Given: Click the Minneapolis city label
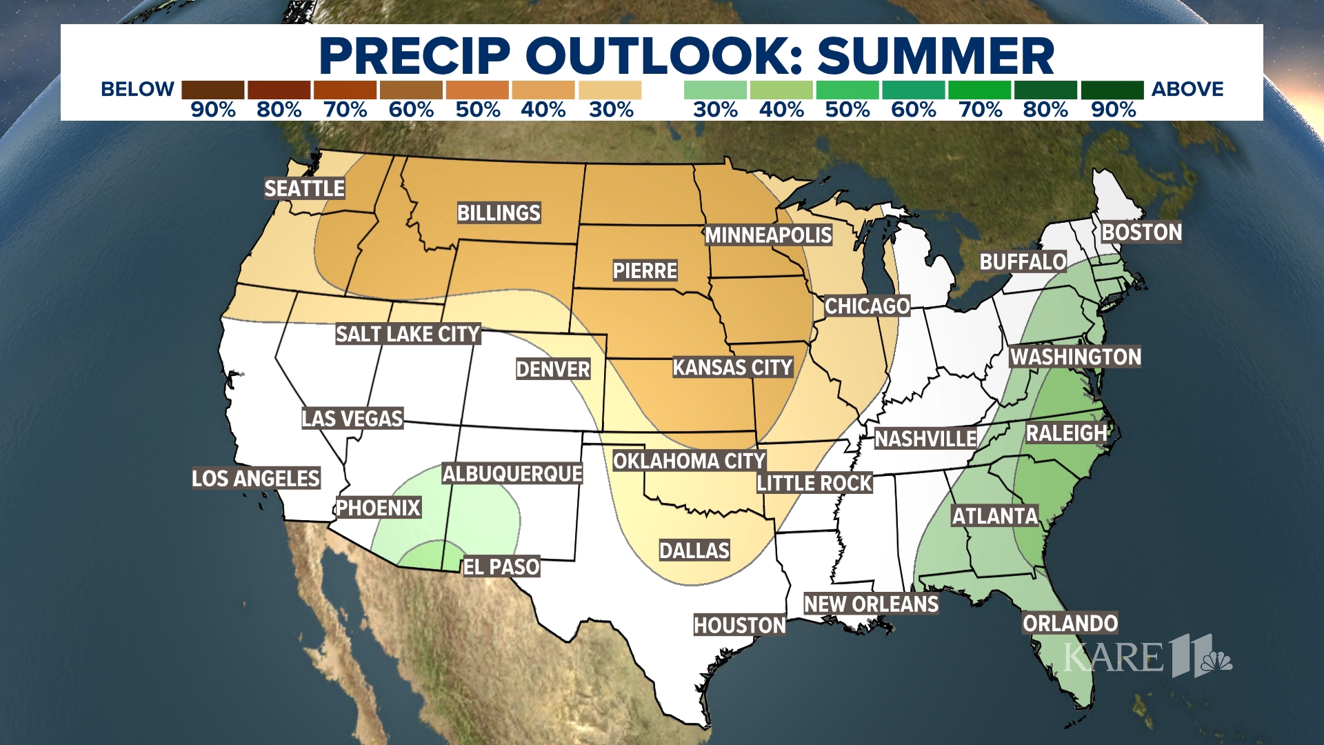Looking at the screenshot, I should pos(768,235).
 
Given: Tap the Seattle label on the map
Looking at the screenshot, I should pos(304,188).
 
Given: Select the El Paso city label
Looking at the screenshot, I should pos(501,567).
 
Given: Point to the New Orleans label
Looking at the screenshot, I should pos(871,604).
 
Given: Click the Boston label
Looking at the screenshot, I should pos(1141,232).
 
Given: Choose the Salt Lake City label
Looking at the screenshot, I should pos(408,335).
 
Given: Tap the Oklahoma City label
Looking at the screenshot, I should pos(689,461).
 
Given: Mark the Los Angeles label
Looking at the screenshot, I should pos(256,478).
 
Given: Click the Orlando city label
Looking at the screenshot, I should pos(1070,624).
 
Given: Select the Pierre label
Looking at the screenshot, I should pos(645,270).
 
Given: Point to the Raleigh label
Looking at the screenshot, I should pos(1066,433).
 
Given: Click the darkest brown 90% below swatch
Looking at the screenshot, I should pos(212,90).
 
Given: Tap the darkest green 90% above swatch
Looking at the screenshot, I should pos(1112,90).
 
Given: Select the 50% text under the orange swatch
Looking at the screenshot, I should pos(477,110).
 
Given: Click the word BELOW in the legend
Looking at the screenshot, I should pos(137,90).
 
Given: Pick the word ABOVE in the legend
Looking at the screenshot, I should pos(1187,90).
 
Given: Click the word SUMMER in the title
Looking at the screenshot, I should pos(936,56).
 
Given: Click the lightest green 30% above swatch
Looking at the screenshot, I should pos(715,90).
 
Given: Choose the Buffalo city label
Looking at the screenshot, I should pos(1023,262).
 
